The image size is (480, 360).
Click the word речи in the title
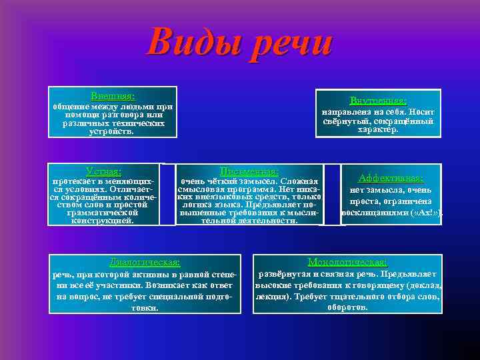coord(290,44)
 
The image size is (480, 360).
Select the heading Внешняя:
coord(113,95)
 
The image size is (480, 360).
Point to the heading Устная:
coord(103,171)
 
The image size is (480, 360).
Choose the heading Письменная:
coord(249,171)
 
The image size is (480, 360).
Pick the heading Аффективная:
coord(391,178)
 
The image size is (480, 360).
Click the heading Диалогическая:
coord(145,262)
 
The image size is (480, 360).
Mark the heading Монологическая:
coord(347,262)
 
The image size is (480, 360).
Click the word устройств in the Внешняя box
coord(110,131)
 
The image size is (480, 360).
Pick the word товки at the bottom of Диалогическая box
coord(145,308)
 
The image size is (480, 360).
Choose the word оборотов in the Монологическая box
coord(347,307)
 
